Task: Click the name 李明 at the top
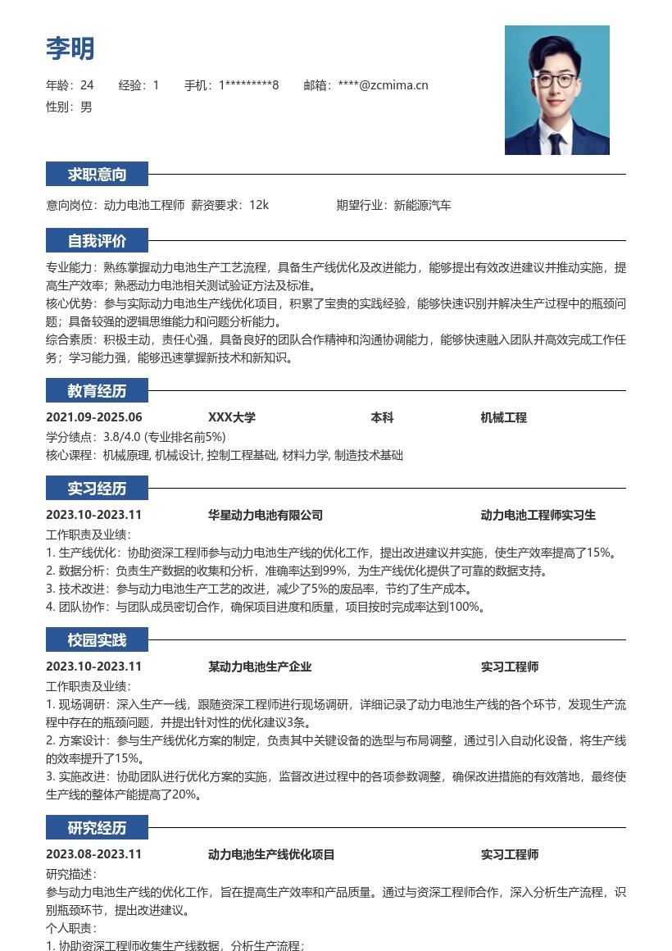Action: click(x=70, y=48)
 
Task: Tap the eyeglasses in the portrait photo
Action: click(x=556, y=80)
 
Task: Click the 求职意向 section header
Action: click(x=97, y=174)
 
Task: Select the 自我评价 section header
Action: click(x=97, y=241)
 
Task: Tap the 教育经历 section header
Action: click(x=97, y=390)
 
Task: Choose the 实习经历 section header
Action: click(x=97, y=489)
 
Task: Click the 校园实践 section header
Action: click(x=97, y=639)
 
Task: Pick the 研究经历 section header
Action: click(x=97, y=828)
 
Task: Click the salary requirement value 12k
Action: click(x=259, y=205)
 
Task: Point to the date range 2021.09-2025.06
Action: click(x=94, y=417)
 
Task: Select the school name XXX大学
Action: click(x=232, y=417)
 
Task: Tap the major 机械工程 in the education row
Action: click(x=503, y=417)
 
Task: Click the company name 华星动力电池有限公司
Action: click(x=265, y=515)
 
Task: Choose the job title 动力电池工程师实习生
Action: click(x=538, y=515)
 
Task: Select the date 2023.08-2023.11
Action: click(x=94, y=854)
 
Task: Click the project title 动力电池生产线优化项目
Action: click(x=271, y=854)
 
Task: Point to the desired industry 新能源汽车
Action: click(x=423, y=205)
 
